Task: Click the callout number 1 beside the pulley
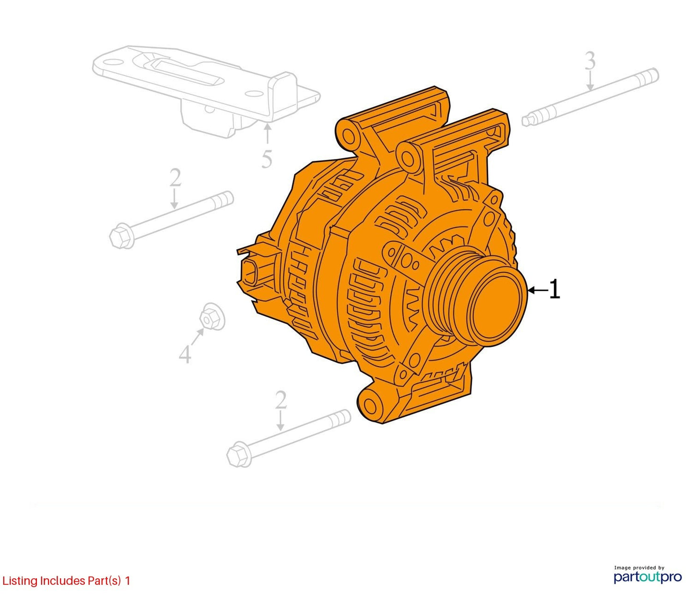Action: pyautogui.click(x=555, y=290)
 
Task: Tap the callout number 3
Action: pyautogui.click(x=590, y=61)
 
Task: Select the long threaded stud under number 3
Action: pyautogui.click(x=590, y=97)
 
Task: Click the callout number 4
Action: pyautogui.click(x=185, y=354)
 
